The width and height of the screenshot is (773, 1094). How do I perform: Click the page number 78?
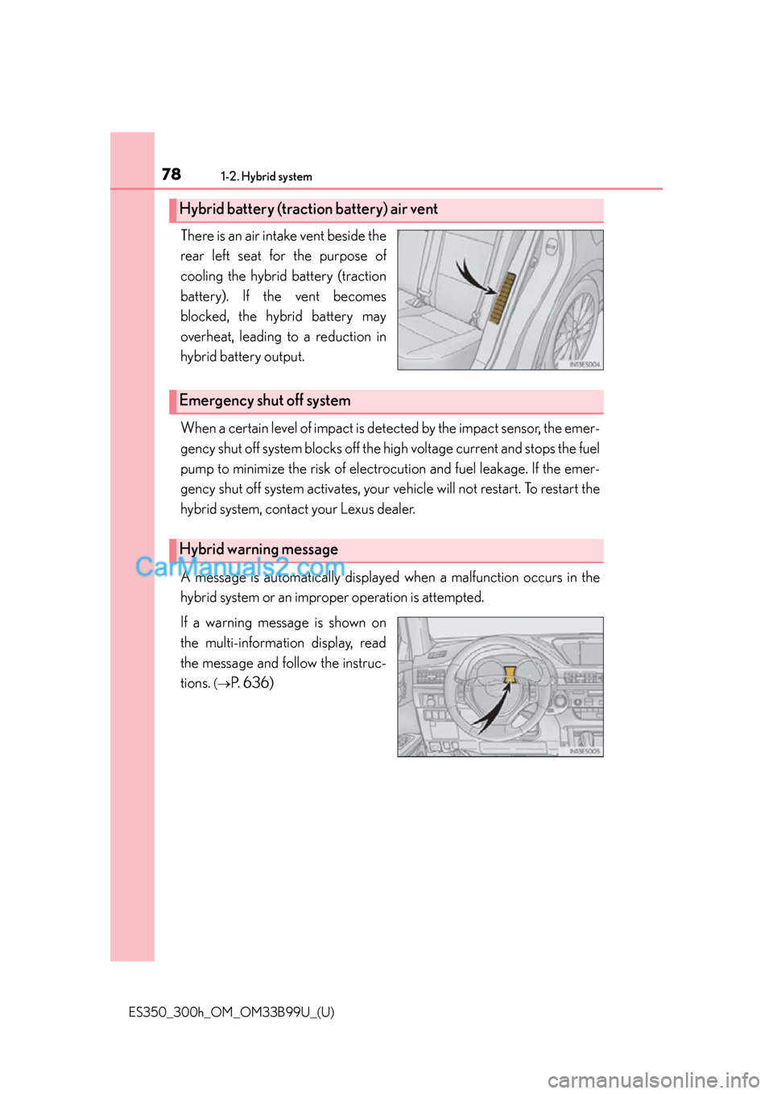171,174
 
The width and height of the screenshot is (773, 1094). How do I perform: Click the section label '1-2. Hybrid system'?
266,176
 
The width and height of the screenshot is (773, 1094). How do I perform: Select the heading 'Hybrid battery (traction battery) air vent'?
308,209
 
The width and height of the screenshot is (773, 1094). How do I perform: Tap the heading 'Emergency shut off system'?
265,401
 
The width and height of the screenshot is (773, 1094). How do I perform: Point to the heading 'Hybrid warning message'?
258,549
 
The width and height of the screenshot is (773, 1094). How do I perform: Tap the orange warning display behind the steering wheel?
509,675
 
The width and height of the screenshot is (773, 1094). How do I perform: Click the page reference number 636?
258,683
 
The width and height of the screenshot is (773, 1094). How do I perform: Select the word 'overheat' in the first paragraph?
205,337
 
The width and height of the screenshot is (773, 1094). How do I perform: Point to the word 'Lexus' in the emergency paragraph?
357,509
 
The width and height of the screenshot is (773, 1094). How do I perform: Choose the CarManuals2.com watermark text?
240,567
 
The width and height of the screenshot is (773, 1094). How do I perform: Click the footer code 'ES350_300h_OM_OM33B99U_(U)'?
231,1012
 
